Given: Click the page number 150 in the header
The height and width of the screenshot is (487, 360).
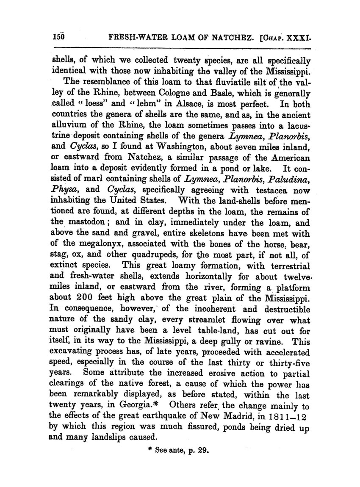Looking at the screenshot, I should [58, 37].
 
